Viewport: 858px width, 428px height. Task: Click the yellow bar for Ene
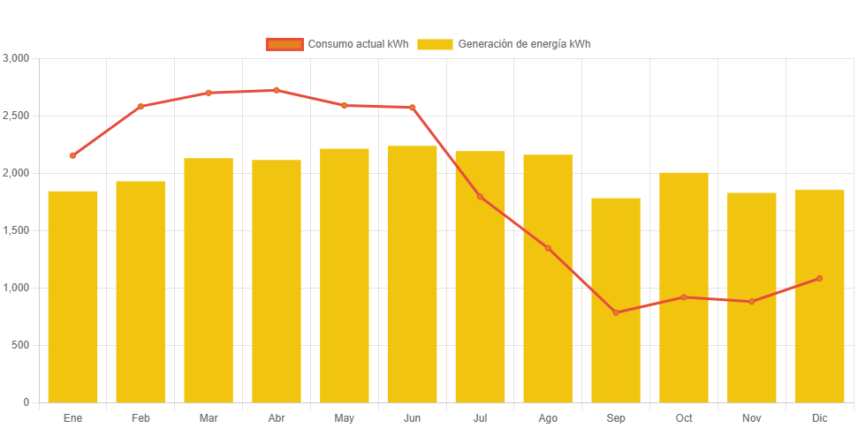pyautogui.click(x=72, y=297)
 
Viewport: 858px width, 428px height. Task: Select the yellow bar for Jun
pyautogui.click(x=412, y=274)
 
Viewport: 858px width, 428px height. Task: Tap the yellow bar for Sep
pyautogui.click(x=616, y=300)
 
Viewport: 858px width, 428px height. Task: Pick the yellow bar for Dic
pyautogui.click(x=819, y=296)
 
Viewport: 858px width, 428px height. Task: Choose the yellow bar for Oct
pyautogui.click(x=684, y=287)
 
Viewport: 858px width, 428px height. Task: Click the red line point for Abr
pyautogui.click(x=276, y=90)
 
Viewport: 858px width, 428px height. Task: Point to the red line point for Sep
pyautogui.click(x=616, y=312)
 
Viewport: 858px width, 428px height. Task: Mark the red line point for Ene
pyautogui.click(x=72, y=155)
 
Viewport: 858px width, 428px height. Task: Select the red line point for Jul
pyautogui.click(x=480, y=196)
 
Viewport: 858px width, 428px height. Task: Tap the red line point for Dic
pyautogui.click(x=819, y=278)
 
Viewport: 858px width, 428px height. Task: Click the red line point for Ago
pyautogui.click(x=548, y=248)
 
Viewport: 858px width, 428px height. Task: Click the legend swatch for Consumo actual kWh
pyautogui.click(x=285, y=44)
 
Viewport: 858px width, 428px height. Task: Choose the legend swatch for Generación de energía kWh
pyautogui.click(x=435, y=44)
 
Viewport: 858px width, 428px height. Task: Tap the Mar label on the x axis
pyautogui.click(x=209, y=417)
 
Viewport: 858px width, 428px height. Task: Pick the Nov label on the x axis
pyautogui.click(x=751, y=417)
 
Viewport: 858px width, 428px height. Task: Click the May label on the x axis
pyautogui.click(x=344, y=417)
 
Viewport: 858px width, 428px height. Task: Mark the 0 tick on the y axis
pyautogui.click(x=26, y=402)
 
